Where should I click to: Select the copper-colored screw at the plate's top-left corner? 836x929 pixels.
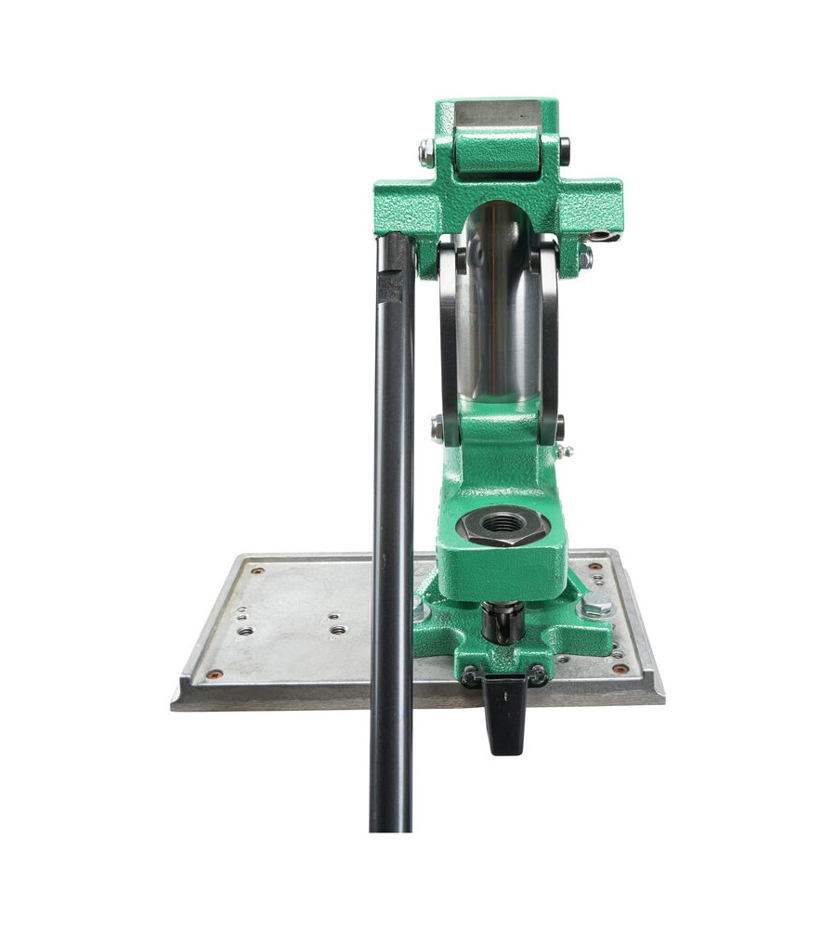257,570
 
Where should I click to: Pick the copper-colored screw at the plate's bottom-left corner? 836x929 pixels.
214,674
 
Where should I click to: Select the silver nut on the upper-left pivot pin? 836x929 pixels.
426,152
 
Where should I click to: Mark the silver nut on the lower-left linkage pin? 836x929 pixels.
438,428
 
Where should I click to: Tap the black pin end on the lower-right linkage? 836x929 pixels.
558,428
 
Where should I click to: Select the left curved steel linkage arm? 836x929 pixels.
449,334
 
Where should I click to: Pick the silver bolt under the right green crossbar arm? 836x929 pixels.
585,257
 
